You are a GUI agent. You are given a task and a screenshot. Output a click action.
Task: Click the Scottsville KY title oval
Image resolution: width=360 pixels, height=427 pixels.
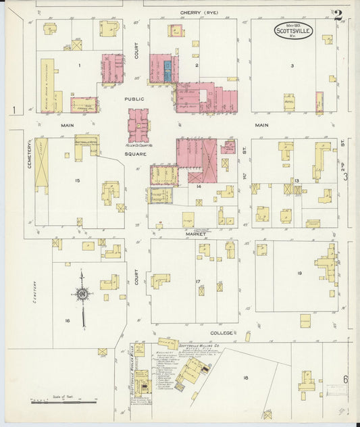(293, 31)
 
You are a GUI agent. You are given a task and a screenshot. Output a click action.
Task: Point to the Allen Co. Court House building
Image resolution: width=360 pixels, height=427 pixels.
(140, 126)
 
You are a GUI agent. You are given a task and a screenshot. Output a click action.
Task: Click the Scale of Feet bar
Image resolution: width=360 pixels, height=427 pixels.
(64, 403)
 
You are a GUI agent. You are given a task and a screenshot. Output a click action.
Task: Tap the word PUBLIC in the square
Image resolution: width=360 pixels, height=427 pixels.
(134, 98)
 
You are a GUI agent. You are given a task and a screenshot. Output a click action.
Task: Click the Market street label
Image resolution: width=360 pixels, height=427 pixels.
(195, 234)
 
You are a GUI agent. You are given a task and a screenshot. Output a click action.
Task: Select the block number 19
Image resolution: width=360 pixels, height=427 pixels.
(299, 273)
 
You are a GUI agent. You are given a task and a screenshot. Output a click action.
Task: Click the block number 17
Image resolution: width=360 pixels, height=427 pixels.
(198, 280)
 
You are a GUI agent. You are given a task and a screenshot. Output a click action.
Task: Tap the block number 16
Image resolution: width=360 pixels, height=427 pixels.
(68, 320)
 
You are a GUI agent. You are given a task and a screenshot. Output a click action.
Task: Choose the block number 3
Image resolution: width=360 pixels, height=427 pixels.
(292, 66)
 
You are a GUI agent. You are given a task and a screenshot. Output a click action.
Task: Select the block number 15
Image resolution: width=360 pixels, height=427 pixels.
(78, 180)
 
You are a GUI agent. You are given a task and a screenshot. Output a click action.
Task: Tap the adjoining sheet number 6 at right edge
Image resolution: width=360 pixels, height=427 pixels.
(345, 379)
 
